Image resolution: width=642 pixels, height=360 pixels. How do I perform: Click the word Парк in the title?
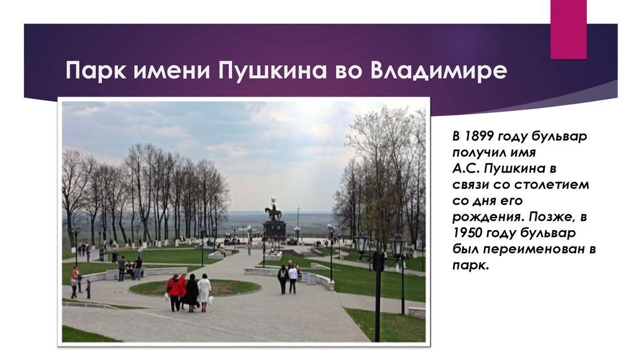pos(96,71)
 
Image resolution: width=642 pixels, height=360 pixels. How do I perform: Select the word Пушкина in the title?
pos(272,71)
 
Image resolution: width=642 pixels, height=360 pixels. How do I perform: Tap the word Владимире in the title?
pos(438,71)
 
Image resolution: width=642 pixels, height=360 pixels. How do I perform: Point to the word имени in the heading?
pos(172,71)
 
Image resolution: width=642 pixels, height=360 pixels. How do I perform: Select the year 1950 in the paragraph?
pos(468,233)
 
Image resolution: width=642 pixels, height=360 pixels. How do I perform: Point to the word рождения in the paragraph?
pos(487,216)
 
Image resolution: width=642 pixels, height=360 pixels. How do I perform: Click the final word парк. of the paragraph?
pos(471,265)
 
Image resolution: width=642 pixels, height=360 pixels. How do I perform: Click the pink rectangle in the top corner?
pos(568,29)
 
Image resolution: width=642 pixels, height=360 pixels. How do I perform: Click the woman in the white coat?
pos(204,292)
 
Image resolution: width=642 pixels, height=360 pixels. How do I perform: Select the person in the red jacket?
pos(174,292)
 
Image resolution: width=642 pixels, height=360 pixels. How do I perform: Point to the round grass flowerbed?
pos(195,287)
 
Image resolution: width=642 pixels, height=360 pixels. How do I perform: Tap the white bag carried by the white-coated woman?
pos(211,300)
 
